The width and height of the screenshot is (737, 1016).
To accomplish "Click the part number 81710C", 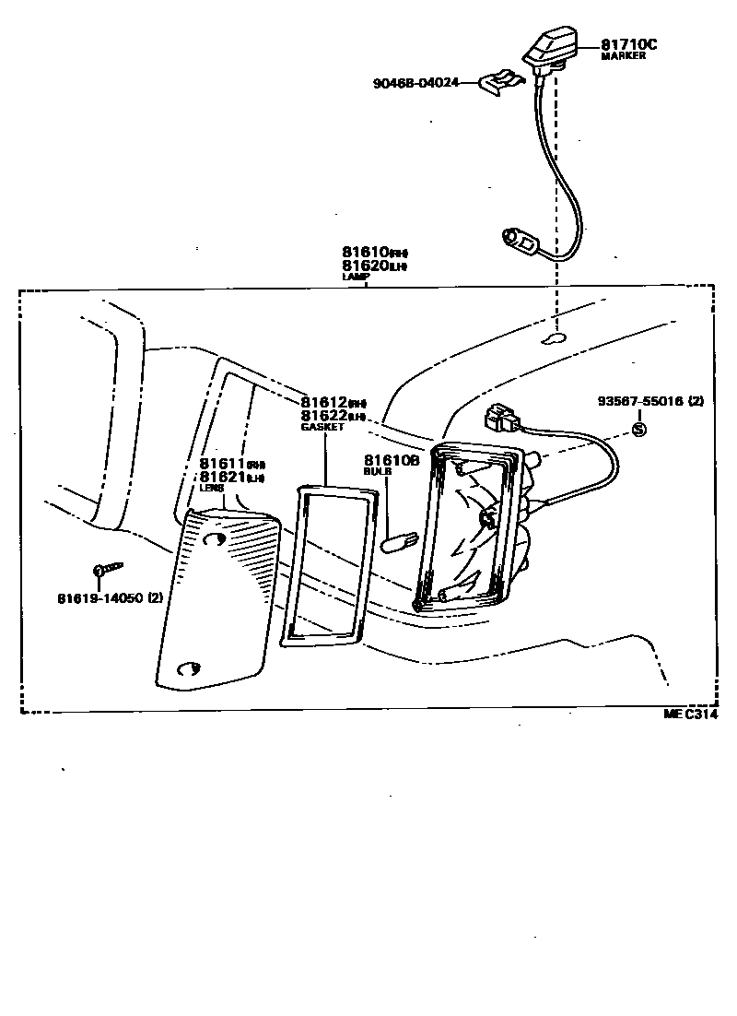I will [630, 44].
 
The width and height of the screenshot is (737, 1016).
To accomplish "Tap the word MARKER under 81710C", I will [623, 56].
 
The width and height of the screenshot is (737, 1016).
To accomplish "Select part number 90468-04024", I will [414, 83].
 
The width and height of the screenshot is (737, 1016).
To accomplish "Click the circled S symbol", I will [639, 430].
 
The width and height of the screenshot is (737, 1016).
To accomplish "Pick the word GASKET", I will [322, 427].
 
